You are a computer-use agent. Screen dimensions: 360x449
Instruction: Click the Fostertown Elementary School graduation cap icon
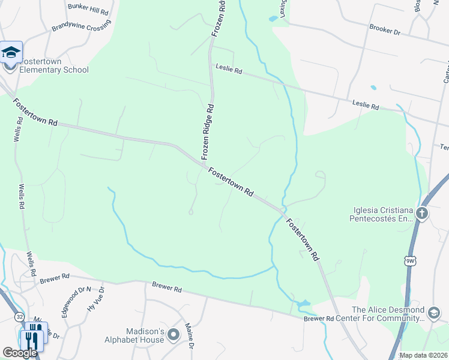tap(11, 53)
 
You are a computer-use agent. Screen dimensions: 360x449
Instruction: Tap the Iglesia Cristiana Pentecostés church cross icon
tap(422, 213)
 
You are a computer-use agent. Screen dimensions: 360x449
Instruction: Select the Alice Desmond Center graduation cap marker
tap(433, 313)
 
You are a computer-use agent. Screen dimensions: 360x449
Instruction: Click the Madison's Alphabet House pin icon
tap(174, 334)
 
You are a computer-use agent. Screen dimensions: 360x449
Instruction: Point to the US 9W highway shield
tap(411, 261)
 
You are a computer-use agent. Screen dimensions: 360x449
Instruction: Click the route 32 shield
tap(20, 316)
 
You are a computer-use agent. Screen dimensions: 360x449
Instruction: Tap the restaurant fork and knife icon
tap(32, 340)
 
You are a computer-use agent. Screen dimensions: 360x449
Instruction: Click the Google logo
tap(20, 353)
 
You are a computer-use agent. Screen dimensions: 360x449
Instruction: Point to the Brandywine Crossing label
tap(81, 28)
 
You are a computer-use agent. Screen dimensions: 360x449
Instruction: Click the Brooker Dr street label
tap(385, 29)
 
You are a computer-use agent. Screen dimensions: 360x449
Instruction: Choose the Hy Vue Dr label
tap(96, 298)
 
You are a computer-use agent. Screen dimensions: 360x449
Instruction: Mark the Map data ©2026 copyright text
tap(424, 355)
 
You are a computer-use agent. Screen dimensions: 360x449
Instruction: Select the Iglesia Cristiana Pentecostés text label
tap(382, 214)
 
